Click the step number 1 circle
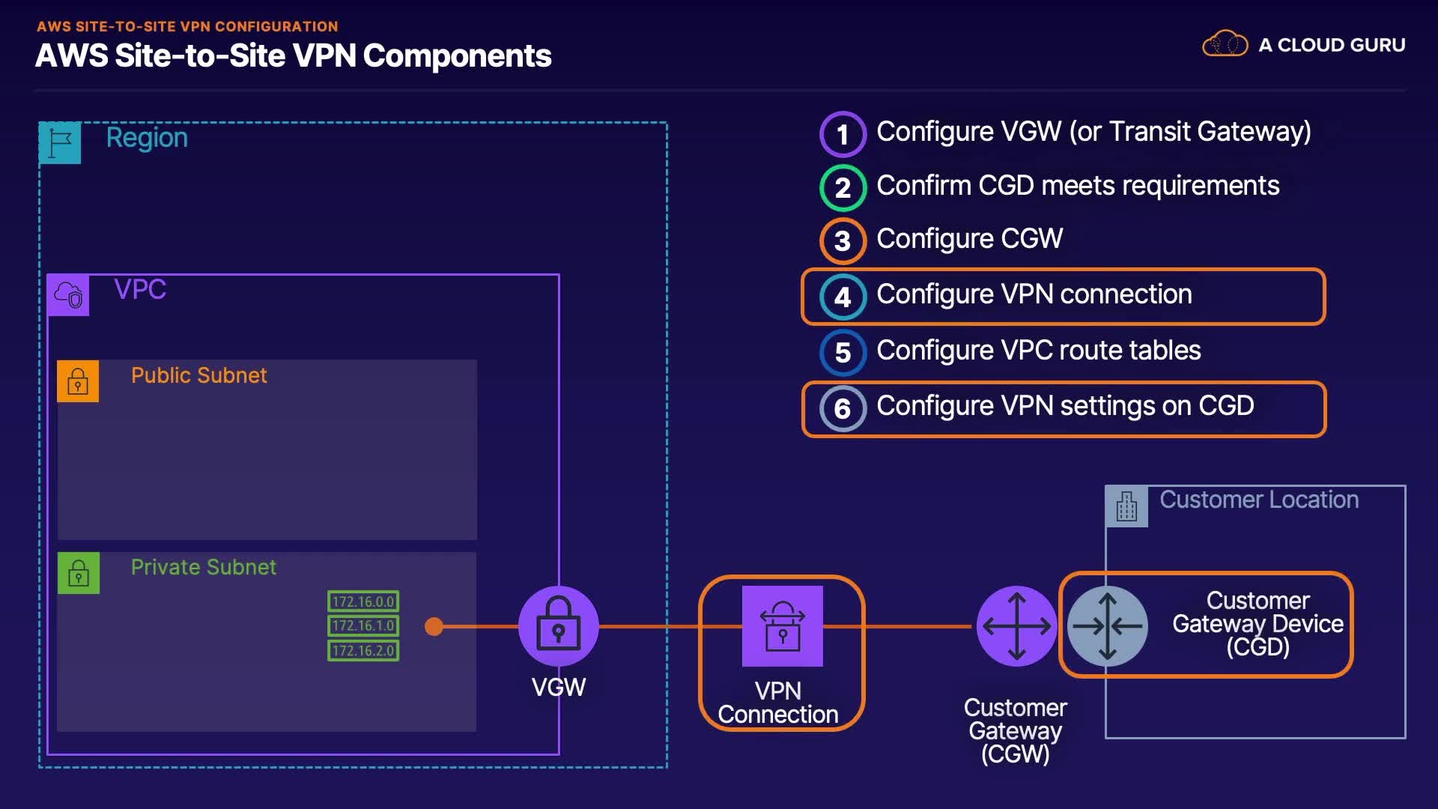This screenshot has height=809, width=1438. [843, 134]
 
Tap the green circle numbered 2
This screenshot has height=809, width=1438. [843, 187]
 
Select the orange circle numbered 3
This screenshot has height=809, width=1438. [843, 241]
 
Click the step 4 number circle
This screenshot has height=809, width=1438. [843, 297]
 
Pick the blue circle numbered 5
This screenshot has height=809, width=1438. [843, 352]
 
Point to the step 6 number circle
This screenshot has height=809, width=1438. [843, 408]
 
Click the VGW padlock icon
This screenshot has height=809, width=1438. [558, 625]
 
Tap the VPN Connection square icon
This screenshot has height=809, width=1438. [782, 626]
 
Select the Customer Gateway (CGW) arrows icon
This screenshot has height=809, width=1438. [1016, 626]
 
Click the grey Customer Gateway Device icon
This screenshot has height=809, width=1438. [1107, 626]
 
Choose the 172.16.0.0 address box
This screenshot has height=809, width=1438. [363, 602]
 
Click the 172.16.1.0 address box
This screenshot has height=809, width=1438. [363, 625]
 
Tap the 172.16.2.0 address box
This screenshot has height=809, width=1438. [363, 650]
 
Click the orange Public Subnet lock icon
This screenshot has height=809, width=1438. [78, 381]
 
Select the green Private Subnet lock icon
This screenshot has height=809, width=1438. [79, 573]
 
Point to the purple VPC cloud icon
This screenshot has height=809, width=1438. [68, 295]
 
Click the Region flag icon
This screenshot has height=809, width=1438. [60, 142]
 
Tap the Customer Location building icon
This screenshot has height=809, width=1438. [1126, 506]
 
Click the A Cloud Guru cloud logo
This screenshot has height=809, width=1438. [1225, 44]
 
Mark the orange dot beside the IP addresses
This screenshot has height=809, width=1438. [434, 626]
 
